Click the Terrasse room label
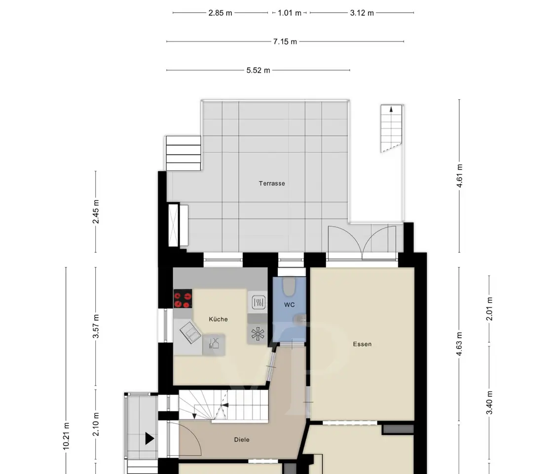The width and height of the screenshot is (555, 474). [272, 184]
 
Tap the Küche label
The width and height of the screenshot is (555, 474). [219, 319]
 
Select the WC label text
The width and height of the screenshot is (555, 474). [289, 305]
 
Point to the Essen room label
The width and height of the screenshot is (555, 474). [362, 344]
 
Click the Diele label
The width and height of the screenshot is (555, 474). [242, 439]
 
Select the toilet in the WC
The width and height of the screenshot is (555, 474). [289, 286]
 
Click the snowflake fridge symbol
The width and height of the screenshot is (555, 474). [258, 334]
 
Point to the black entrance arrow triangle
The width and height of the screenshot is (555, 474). [149, 438]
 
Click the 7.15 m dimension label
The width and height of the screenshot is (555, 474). [285, 42]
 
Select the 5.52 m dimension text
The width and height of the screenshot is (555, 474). [259, 71]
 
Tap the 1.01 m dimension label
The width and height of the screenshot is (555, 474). [290, 13]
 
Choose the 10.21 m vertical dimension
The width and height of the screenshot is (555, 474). [66, 436]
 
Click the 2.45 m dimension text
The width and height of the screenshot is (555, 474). [96, 212]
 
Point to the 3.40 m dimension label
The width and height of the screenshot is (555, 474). [489, 403]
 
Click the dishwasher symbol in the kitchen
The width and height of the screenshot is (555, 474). [214, 343]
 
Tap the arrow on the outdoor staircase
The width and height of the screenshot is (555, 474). [391, 109]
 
